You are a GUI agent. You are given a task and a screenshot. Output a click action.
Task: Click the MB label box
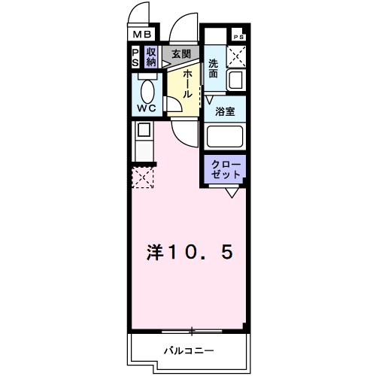pyautogui.click(x=142, y=34)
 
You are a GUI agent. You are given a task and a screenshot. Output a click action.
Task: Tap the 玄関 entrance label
pyautogui.click(x=181, y=53)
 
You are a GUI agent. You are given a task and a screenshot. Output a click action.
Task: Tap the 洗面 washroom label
pyautogui.click(x=214, y=69)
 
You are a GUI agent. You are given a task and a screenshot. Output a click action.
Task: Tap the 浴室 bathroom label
pyautogui.click(x=226, y=111)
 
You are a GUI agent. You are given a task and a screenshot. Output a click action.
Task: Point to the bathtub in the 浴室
pyautogui.click(x=225, y=136)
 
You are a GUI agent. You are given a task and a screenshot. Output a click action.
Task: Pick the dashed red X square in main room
pyautogui.click(x=143, y=177)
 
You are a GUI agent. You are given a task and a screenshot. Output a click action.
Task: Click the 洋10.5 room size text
pyautogui.click(x=189, y=253)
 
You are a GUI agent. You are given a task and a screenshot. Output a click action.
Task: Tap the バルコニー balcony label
pyautogui.click(x=190, y=350)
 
